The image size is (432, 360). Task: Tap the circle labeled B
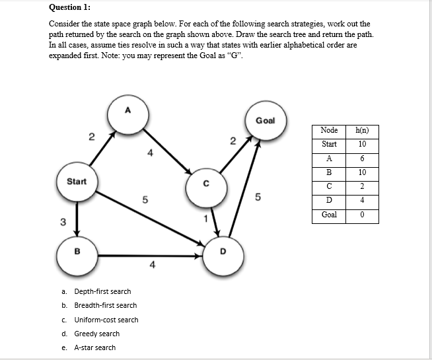coord(77,251)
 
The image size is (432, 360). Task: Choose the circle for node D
coord(223,252)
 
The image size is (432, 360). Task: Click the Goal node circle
coord(265,121)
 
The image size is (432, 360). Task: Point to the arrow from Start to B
coord(77,217)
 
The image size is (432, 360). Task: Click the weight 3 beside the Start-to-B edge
coord(63,221)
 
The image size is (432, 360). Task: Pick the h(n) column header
coord(362,130)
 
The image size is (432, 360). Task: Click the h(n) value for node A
coord(362,159)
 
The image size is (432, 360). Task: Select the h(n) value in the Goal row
coord(362,215)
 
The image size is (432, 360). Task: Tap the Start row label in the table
coord(329,144)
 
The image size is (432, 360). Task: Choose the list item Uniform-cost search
coord(106,320)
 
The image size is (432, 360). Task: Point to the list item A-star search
coord(94,347)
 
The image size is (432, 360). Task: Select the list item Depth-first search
coord(102,291)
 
